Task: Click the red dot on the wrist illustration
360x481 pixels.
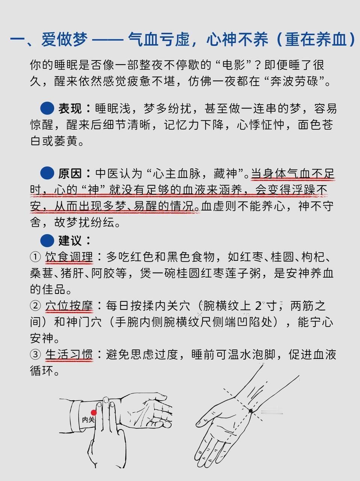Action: tap(94, 413)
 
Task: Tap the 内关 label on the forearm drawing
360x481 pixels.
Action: tap(89, 420)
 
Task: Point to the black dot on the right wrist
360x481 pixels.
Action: tap(251, 411)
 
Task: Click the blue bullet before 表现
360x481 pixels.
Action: tap(47, 108)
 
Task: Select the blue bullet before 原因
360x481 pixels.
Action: tap(47, 173)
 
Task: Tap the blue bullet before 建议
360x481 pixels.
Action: tap(47, 240)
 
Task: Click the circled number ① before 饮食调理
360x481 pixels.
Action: tap(35, 257)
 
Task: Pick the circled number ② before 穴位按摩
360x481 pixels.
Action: tap(35, 306)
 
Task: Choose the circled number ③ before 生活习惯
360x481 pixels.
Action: tap(35, 355)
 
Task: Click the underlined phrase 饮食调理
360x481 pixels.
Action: tap(69, 257)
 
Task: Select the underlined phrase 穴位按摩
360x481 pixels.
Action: tap(69, 306)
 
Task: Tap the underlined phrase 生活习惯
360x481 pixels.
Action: tap(69, 355)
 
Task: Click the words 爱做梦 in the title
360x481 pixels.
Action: tap(65, 39)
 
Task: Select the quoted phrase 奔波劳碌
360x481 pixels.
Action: tap(294, 81)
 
